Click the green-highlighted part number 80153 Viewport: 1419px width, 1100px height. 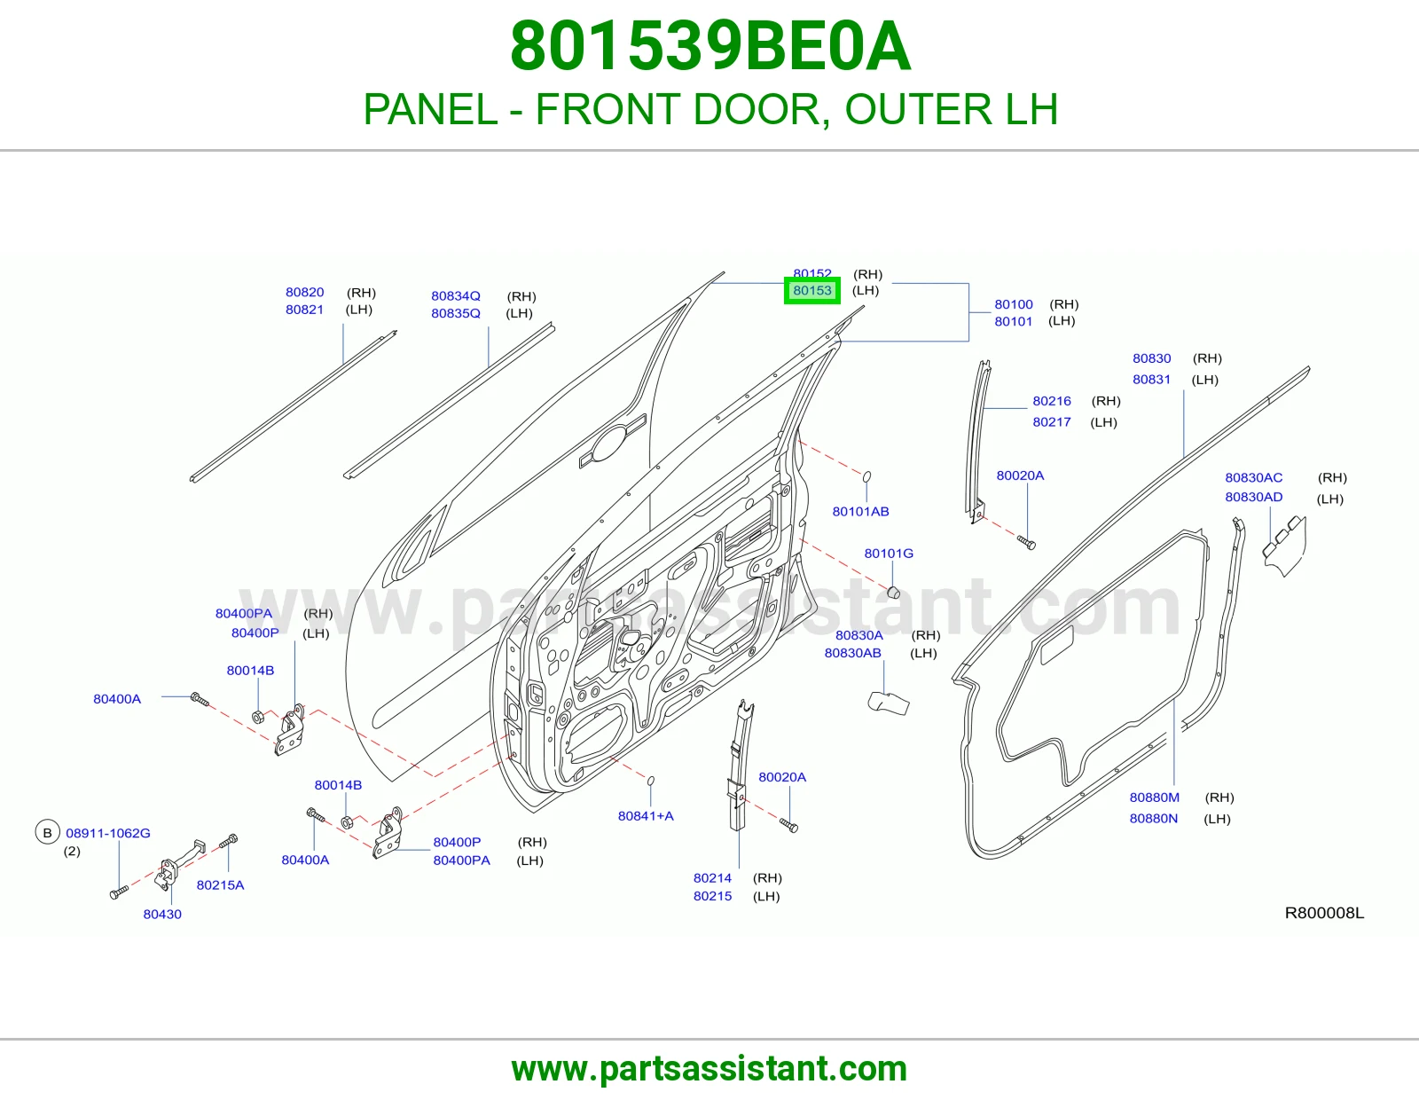pos(811,291)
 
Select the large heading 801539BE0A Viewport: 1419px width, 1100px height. pos(709,47)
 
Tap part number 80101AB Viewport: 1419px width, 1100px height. pos(860,512)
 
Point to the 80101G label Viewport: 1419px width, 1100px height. pos(888,554)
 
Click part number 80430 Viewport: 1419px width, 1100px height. pos(162,914)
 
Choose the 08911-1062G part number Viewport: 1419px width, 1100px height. pos(107,833)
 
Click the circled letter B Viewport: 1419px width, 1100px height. pos(47,833)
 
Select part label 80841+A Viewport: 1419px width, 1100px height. pos(645,815)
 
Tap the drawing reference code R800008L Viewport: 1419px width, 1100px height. pos(1323,913)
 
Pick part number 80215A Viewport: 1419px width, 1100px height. pos(220,885)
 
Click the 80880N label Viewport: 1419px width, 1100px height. pos(1153,819)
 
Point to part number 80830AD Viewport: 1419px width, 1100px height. pos(1253,497)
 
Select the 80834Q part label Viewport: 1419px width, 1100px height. pos(455,296)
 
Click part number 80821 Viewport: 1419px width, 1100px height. pos(304,310)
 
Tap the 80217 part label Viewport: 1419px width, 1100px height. pos(1051,422)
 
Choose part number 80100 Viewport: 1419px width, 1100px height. pos(1014,304)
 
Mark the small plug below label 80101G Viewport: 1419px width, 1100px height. pos(894,593)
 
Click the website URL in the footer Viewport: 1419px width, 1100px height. pos(709,1069)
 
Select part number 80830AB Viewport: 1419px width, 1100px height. pos(852,653)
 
